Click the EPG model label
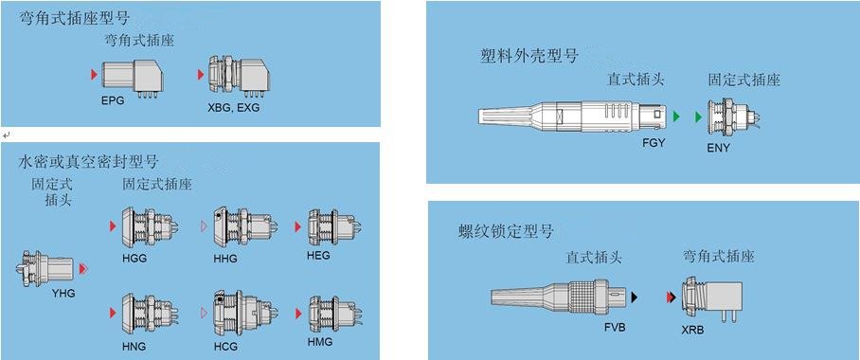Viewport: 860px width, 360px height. [x=113, y=101]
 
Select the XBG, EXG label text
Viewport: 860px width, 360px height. [x=234, y=108]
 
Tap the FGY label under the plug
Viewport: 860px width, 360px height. [x=654, y=143]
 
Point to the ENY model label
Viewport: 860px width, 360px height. [x=719, y=147]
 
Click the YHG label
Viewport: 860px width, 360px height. [x=63, y=293]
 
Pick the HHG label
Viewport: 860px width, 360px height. [x=225, y=259]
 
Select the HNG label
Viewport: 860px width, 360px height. [x=134, y=347]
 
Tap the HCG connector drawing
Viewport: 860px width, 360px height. [x=242, y=314]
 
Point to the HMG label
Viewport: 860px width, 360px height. [x=320, y=341]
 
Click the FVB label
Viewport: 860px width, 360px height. [x=613, y=328]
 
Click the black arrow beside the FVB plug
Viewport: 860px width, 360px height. [x=635, y=297]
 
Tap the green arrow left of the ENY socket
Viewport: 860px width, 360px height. [x=698, y=117]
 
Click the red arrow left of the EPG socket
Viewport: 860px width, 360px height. [x=95, y=74]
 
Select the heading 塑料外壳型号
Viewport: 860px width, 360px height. [x=529, y=56]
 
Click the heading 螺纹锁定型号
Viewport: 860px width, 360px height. [x=506, y=231]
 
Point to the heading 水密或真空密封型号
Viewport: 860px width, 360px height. [x=88, y=161]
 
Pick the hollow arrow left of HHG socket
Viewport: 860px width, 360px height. [x=204, y=226]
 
